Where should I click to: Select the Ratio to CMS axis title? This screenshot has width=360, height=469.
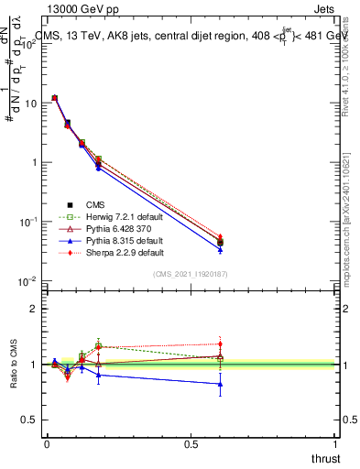click(14, 365)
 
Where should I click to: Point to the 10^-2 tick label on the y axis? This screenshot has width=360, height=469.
click(27, 281)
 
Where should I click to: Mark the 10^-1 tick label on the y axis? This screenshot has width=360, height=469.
click(27, 222)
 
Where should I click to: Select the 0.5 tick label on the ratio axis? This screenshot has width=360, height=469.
click(30, 420)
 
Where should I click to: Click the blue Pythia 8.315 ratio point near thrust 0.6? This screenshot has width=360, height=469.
click(220, 384)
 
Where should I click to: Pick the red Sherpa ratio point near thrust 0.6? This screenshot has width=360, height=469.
click(220, 344)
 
